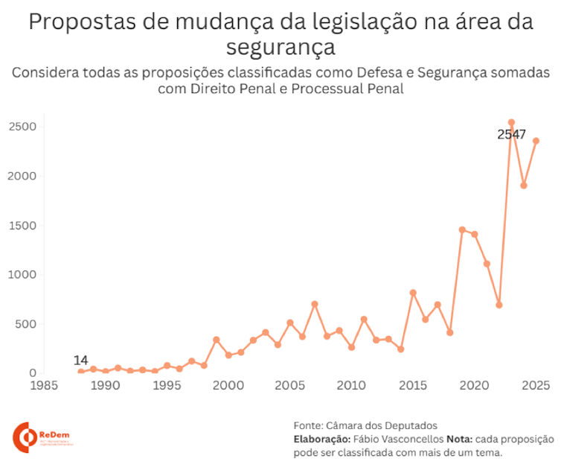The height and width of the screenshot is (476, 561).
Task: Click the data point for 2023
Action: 511,122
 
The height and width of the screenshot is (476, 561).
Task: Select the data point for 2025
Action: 536,141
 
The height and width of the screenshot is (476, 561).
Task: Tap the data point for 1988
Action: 81,372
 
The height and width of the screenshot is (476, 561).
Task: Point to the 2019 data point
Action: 462,229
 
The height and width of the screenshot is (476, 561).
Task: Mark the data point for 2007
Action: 315,304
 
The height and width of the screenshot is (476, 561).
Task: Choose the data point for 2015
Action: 413,293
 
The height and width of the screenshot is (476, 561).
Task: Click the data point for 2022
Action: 499,305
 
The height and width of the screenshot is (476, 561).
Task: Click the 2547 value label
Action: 512,135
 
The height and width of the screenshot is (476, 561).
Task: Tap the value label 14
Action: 80,361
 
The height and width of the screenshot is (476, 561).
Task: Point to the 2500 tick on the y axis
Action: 23,127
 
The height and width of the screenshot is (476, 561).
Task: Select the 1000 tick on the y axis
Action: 23,275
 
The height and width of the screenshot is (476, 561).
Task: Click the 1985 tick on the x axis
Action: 44,385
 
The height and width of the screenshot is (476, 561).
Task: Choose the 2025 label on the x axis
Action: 536,385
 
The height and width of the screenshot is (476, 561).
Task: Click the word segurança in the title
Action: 280,46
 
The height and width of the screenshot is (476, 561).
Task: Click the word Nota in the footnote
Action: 459,439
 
